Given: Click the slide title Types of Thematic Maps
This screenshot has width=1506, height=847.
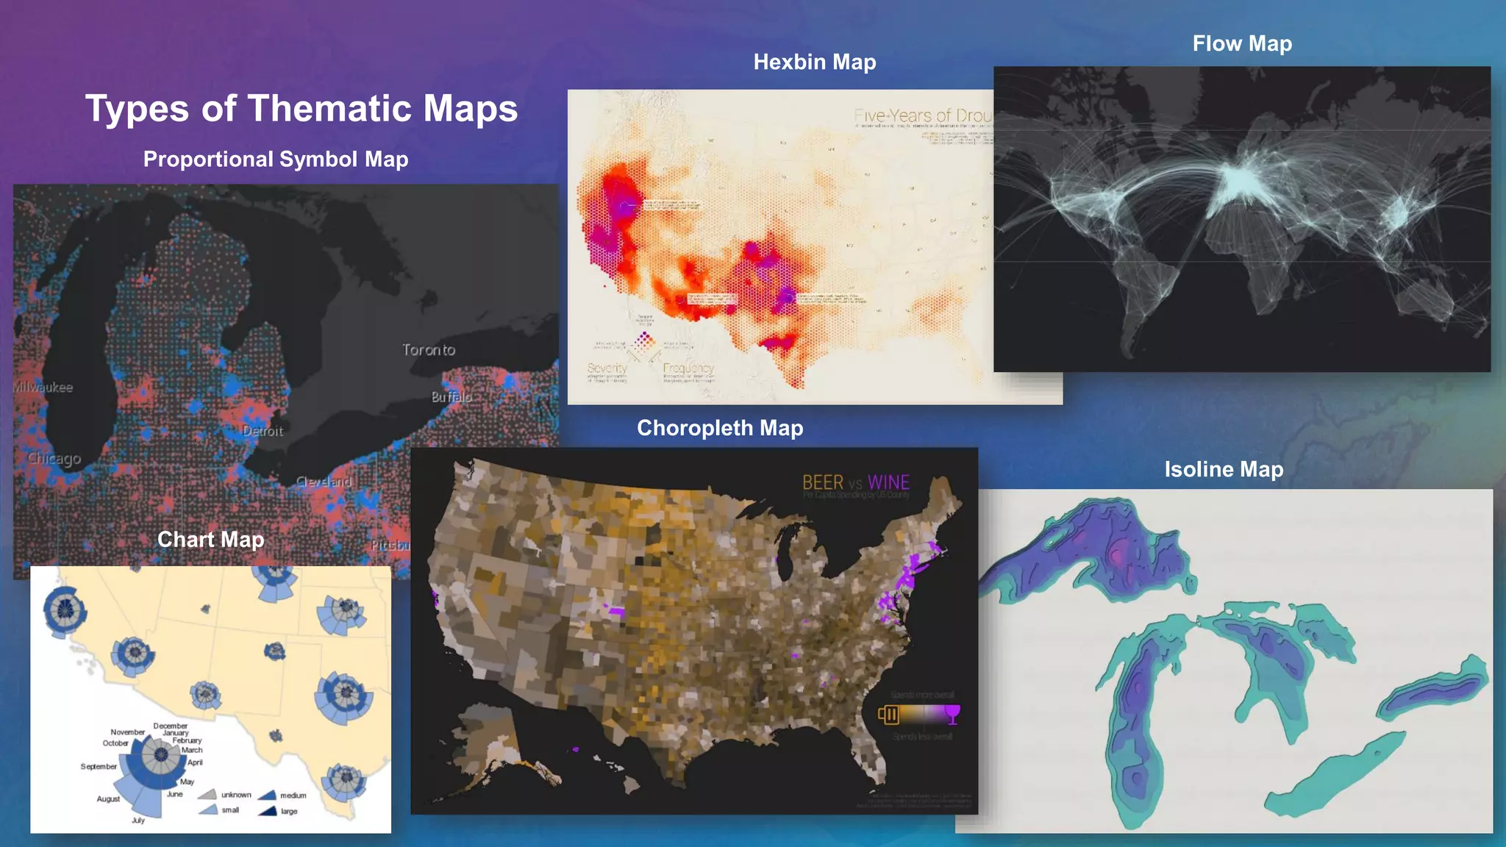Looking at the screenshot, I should (301, 109).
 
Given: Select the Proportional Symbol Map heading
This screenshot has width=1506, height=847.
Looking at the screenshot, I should (276, 160).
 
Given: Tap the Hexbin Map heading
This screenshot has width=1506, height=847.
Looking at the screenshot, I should (815, 62).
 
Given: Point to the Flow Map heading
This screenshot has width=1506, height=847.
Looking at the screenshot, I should (1242, 44).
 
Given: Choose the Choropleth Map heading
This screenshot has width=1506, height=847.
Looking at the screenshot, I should (720, 428).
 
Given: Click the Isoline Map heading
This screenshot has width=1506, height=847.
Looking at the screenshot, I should (1224, 469).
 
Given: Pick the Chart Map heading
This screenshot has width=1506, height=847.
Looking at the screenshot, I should (211, 540).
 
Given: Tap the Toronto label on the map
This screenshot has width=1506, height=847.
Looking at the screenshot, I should (429, 350).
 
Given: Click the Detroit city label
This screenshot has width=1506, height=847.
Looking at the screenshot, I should (263, 431).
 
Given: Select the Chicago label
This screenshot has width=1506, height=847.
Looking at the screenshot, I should (54, 459).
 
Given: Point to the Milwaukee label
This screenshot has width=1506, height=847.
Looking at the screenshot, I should (43, 387).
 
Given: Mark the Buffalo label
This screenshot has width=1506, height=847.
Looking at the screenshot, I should (452, 397).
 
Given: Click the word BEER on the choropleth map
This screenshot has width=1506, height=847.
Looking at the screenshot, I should (823, 483).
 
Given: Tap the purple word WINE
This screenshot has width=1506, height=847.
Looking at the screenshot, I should (888, 483).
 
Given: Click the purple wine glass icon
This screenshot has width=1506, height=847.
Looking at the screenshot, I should (952, 714).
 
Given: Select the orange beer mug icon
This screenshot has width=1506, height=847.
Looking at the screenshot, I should (889, 714).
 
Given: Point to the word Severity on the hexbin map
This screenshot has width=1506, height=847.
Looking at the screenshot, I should (607, 368).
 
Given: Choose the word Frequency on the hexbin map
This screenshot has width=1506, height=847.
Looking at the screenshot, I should (688, 368).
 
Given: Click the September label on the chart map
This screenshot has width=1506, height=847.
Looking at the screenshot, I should (99, 767).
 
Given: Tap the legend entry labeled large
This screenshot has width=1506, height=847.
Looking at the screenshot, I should (289, 812).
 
